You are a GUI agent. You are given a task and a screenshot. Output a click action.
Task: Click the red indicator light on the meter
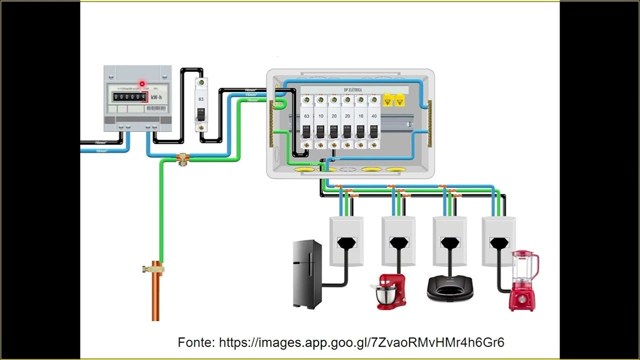click(x=142, y=84)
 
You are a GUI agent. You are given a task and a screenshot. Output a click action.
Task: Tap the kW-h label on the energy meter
click(x=156, y=97)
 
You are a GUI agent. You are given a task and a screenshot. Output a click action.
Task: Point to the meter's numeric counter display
click(x=129, y=97)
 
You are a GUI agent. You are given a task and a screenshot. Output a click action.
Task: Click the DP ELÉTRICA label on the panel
click(x=352, y=90)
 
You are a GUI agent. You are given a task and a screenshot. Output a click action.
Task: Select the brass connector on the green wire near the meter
click(x=182, y=159)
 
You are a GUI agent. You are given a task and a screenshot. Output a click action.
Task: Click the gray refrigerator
click(x=307, y=274)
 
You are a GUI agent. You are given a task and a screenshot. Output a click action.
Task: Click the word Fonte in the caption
click(x=196, y=342)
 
